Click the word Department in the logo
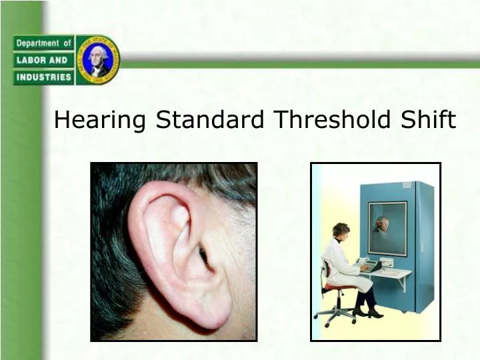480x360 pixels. (x=39, y=43)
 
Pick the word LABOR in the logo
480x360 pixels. (x=32, y=60)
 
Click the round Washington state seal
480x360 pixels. (x=98, y=60)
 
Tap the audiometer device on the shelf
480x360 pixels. (x=368, y=265)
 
